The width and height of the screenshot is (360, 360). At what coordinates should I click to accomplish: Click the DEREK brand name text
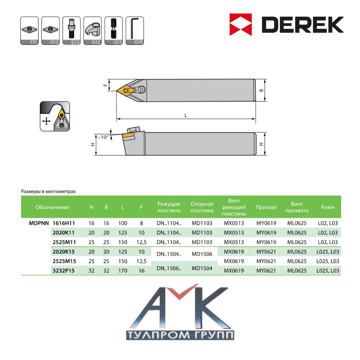click(302, 25)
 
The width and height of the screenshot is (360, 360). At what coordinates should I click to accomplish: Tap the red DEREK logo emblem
click(241, 25)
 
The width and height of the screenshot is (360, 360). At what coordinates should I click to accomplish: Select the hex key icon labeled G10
click(135, 31)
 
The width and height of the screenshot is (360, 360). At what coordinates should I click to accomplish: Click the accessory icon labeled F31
click(29, 31)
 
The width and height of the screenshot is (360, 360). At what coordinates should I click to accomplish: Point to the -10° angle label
click(103, 137)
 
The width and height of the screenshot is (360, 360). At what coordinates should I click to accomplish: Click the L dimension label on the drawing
click(186, 115)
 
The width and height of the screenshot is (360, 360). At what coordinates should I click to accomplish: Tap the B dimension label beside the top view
click(261, 90)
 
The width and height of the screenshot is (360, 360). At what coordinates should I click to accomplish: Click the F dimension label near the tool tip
click(105, 85)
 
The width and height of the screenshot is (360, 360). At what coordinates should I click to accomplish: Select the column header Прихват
click(266, 207)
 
